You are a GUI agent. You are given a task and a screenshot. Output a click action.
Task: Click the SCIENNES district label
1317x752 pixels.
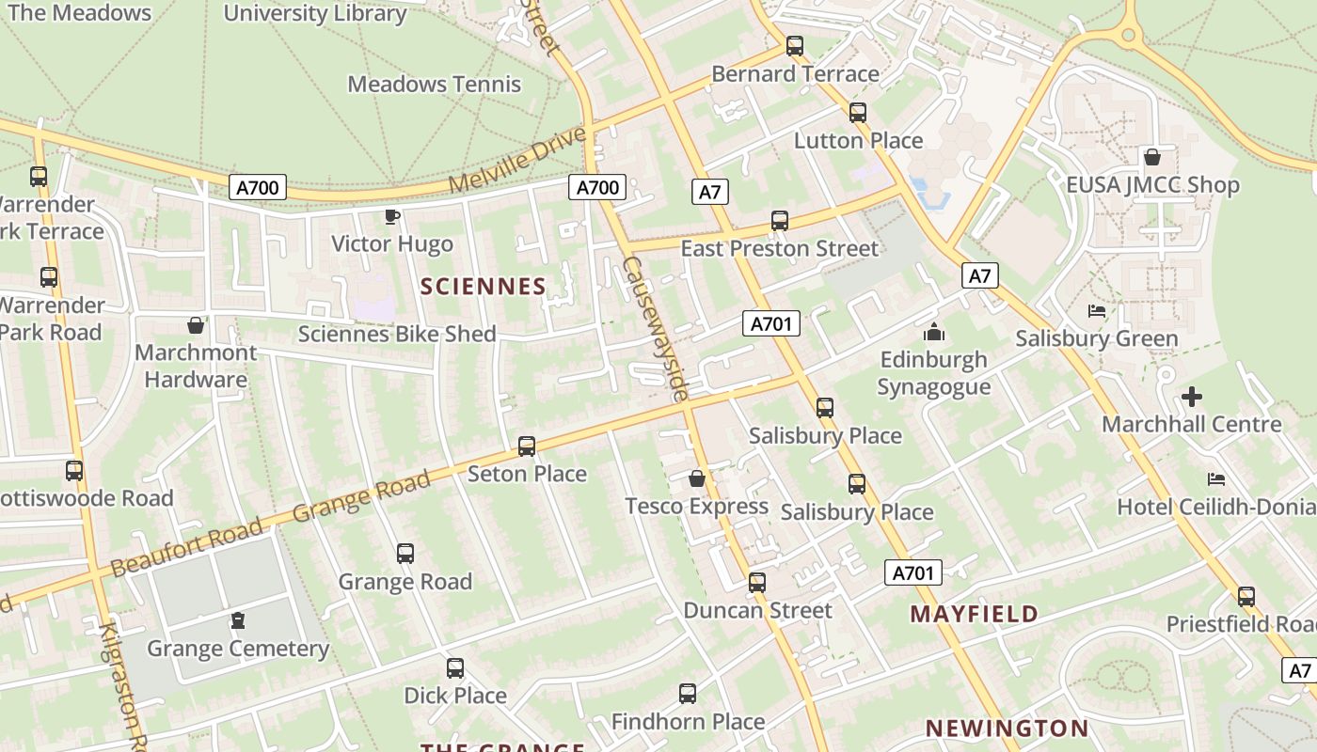[x=483, y=287]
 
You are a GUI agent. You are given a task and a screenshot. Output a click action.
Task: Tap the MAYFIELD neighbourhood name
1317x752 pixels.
[x=975, y=615]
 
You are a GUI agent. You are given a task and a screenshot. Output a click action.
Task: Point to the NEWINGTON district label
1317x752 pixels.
[x=1007, y=728]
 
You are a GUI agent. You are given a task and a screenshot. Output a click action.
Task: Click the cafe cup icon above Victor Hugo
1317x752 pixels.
[x=392, y=217]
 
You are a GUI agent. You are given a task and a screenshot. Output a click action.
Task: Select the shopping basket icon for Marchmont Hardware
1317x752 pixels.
[x=196, y=325]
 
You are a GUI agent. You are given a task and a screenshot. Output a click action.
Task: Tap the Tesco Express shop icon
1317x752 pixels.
[x=697, y=479]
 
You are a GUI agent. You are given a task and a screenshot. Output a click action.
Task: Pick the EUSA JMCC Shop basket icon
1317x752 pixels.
[x=1152, y=157]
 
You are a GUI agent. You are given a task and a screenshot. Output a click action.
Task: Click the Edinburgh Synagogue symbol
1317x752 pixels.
[x=933, y=332]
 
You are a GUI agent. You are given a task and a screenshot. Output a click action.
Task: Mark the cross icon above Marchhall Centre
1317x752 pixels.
[x=1192, y=397]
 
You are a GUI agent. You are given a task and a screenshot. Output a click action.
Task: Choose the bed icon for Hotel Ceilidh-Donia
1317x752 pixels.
[x=1216, y=479]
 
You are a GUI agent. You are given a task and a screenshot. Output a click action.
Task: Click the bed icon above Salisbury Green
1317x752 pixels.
[x=1097, y=311]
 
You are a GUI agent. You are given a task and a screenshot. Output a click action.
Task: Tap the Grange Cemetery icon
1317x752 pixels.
[x=238, y=620]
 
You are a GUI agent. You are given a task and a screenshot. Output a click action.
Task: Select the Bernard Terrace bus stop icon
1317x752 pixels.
[x=795, y=45]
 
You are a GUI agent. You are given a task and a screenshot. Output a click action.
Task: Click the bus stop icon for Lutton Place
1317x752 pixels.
[x=858, y=113]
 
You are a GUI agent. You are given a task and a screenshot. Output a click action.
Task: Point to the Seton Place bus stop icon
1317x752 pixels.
[x=527, y=446]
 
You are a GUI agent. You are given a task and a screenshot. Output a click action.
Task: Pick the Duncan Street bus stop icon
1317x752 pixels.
[x=757, y=583]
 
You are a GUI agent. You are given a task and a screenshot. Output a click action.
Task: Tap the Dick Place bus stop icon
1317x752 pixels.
[x=455, y=668]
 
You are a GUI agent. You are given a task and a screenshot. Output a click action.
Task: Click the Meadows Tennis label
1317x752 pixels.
[x=434, y=84]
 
